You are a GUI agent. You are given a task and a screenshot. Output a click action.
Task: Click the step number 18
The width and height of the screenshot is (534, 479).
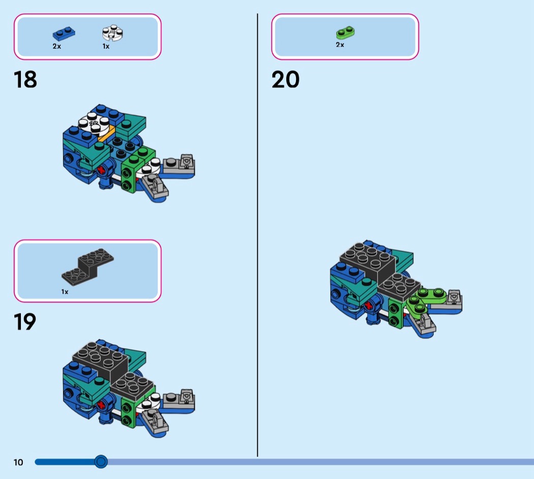click(x=25, y=80)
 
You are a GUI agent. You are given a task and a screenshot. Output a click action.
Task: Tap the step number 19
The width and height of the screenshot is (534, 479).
click(x=25, y=322)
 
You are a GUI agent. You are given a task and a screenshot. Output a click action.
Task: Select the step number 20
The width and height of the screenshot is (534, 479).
click(x=285, y=80)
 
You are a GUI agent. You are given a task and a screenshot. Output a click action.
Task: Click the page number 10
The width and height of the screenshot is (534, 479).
click(x=18, y=462)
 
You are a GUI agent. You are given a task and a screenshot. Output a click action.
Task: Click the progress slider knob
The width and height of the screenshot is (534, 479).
click(x=101, y=462)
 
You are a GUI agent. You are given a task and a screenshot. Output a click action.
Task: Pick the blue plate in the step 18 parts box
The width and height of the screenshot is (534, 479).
click(x=64, y=34)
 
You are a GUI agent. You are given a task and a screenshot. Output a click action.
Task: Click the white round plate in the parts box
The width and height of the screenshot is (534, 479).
click(x=113, y=33)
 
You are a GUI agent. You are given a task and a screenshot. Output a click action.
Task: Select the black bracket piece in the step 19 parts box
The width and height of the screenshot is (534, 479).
click(x=87, y=266)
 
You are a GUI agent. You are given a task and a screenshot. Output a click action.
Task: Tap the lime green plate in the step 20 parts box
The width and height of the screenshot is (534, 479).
click(x=345, y=33)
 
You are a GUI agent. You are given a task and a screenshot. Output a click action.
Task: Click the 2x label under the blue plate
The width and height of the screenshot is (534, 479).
click(x=57, y=46)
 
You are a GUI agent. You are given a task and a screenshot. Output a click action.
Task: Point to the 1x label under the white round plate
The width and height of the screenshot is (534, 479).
click(x=106, y=46)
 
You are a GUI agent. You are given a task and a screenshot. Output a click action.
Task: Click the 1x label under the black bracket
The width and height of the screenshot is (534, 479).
click(x=65, y=292)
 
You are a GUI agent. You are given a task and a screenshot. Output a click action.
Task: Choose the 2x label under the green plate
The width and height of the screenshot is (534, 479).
click(x=340, y=45)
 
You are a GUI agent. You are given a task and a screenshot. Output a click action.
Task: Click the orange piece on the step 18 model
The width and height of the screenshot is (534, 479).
click(x=107, y=133)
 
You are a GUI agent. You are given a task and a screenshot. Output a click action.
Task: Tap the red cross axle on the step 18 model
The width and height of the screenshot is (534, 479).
click(x=101, y=170)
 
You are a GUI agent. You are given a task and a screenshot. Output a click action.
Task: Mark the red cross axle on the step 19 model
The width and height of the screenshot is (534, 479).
click(x=101, y=405)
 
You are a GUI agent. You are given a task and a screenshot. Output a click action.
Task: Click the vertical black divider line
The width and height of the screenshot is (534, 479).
click(x=257, y=235)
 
